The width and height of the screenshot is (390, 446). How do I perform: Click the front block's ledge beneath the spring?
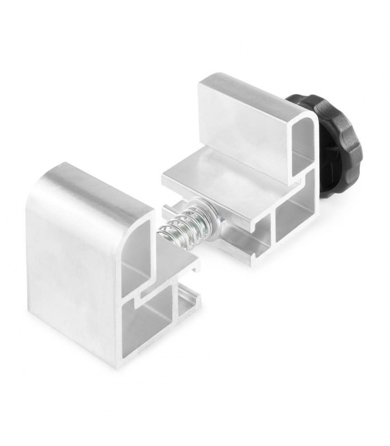(x=167, y=262)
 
